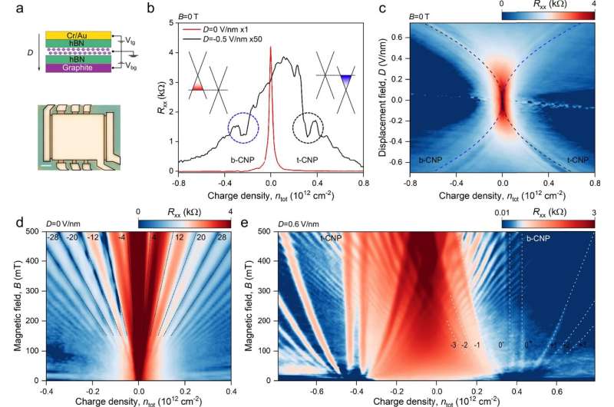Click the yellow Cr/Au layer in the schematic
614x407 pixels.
coord(68,35)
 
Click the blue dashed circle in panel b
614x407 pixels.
coord(243,127)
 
